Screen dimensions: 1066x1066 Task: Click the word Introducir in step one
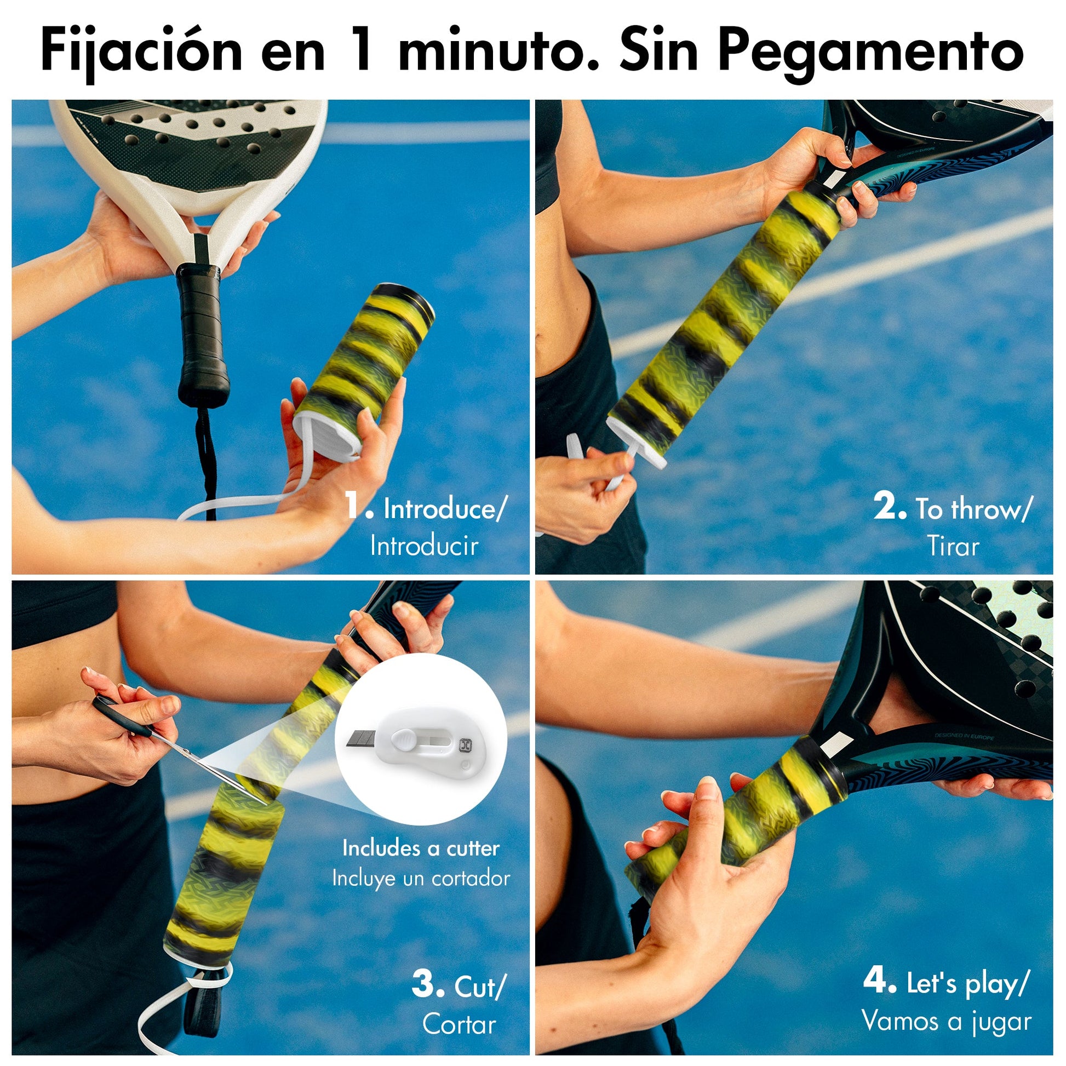point(424,546)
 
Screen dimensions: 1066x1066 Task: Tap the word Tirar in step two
point(953,546)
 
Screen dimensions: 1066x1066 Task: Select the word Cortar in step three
point(459,1024)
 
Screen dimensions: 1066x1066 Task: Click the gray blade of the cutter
point(362,739)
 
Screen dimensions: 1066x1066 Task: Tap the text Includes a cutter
point(421,848)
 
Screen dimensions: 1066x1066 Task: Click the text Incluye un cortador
point(421,879)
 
